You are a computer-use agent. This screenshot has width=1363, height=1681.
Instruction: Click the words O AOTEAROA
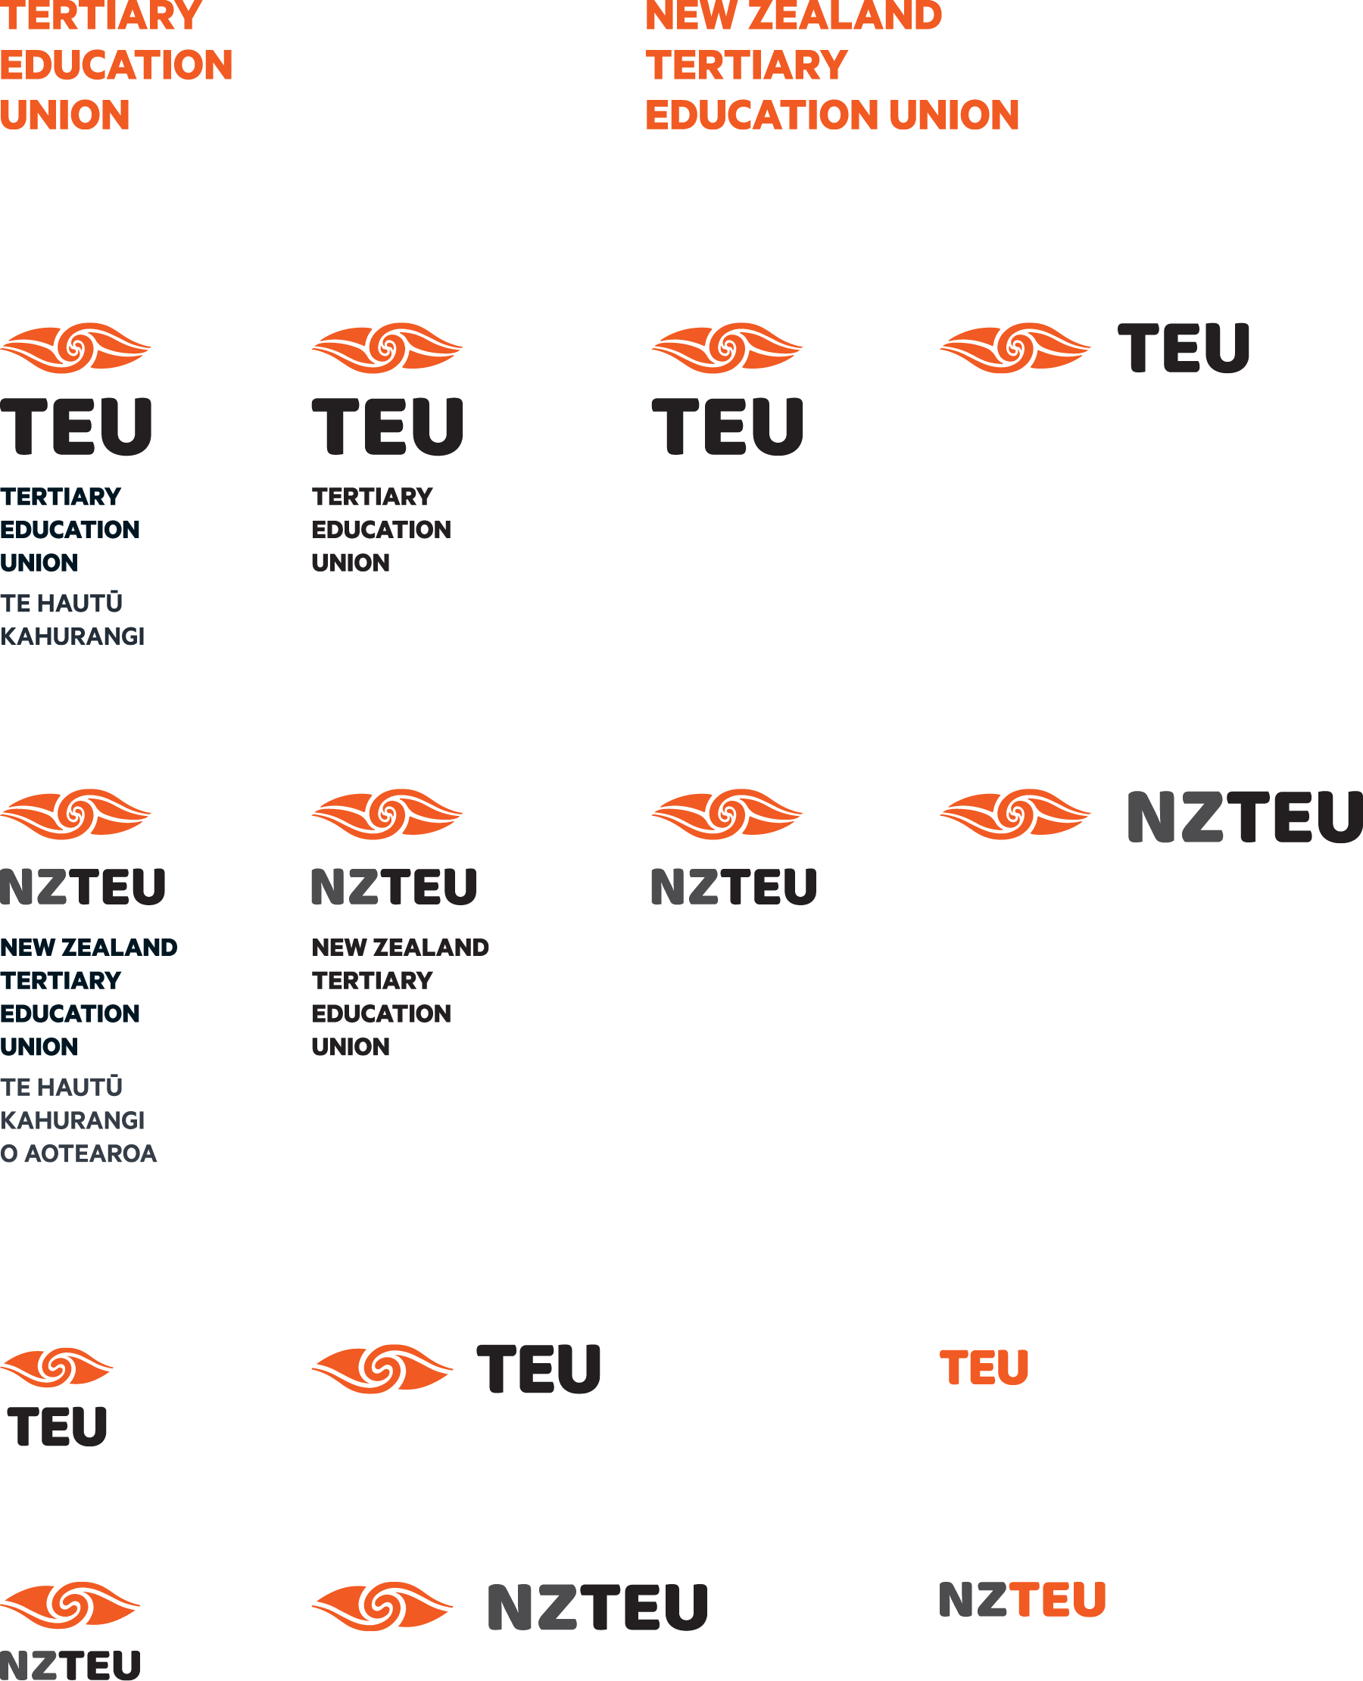[79, 1153]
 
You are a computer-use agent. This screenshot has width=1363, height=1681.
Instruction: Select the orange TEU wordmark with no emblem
[984, 1367]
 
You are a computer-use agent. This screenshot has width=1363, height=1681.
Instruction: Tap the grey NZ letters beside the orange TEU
[973, 1599]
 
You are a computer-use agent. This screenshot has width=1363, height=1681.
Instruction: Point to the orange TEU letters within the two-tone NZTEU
[1058, 1599]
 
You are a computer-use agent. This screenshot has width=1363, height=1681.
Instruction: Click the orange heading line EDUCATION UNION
[831, 115]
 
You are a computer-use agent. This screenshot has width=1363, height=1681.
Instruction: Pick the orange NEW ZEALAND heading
[793, 16]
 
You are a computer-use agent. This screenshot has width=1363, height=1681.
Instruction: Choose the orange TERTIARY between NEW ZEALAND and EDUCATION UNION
[746, 65]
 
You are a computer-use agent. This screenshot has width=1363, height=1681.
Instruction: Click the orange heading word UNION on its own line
[65, 115]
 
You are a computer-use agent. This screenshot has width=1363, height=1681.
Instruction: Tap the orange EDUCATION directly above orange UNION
[116, 65]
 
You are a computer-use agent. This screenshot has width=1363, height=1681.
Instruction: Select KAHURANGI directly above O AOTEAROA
[72, 1120]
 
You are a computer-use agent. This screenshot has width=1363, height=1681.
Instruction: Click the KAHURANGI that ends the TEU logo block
[72, 636]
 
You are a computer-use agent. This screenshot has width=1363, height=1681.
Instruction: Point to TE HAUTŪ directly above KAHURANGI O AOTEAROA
[61, 1087]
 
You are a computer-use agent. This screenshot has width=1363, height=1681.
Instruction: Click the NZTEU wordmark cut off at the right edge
[1244, 817]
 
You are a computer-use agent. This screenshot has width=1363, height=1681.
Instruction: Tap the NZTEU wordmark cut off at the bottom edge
[70, 1664]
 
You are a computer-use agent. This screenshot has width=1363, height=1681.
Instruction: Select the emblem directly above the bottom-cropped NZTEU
[70, 1605]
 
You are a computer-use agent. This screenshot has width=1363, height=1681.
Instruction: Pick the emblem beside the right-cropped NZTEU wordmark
[1015, 814]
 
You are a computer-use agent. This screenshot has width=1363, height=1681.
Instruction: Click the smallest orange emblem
[57, 1367]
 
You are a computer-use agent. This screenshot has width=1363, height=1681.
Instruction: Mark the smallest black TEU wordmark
[58, 1426]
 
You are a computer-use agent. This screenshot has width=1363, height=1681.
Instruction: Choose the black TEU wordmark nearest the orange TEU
[538, 1368]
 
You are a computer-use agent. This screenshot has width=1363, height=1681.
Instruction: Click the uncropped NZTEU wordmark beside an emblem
[597, 1606]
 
